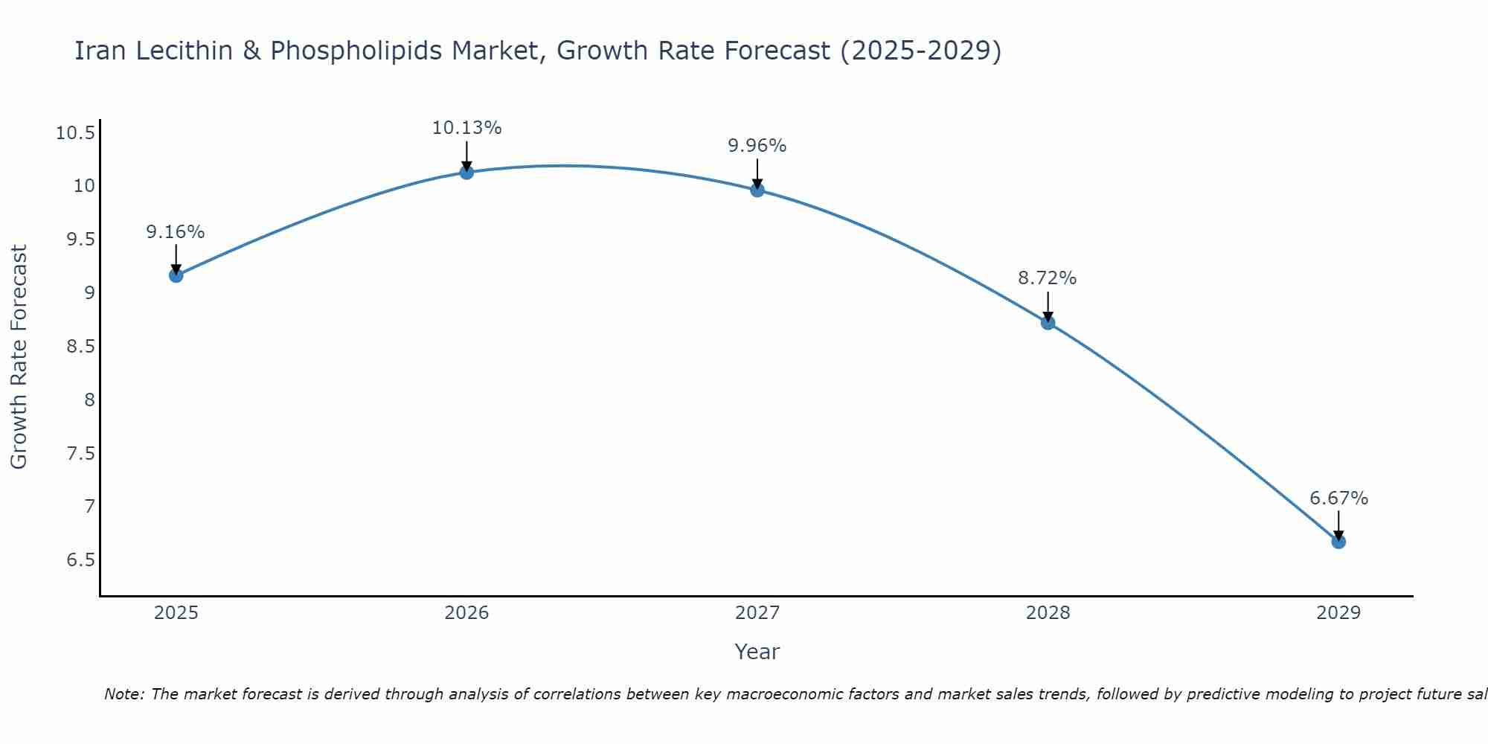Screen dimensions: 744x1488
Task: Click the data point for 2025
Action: click(x=176, y=275)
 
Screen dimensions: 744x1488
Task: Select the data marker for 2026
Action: click(x=466, y=173)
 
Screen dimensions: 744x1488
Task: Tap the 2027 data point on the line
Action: click(x=757, y=190)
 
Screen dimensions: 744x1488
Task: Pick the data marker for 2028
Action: click(x=1048, y=322)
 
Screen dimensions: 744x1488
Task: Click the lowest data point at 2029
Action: click(x=1338, y=542)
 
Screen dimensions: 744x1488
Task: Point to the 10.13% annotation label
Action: click(x=466, y=128)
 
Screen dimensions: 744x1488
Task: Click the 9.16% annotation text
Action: click(x=176, y=232)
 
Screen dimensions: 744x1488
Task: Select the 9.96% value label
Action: click(x=757, y=146)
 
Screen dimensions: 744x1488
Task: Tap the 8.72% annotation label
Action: click(x=1048, y=278)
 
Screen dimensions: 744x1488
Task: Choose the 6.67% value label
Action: click(x=1338, y=498)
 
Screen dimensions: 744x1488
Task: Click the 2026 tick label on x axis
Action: click(x=466, y=613)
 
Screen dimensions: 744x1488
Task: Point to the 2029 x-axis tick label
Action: click(x=1338, y=613)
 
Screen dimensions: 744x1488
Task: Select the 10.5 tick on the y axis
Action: click(x=75, y=134)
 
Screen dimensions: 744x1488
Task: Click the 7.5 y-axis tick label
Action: click(x=80, y=454)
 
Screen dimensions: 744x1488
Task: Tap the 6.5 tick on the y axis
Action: click(x=80, y=560)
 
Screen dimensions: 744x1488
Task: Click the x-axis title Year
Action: click(x=757, y=652)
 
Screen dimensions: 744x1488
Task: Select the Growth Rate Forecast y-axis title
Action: click(x=19, y=357)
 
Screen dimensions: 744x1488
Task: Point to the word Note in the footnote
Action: click(x=123, y=694)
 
